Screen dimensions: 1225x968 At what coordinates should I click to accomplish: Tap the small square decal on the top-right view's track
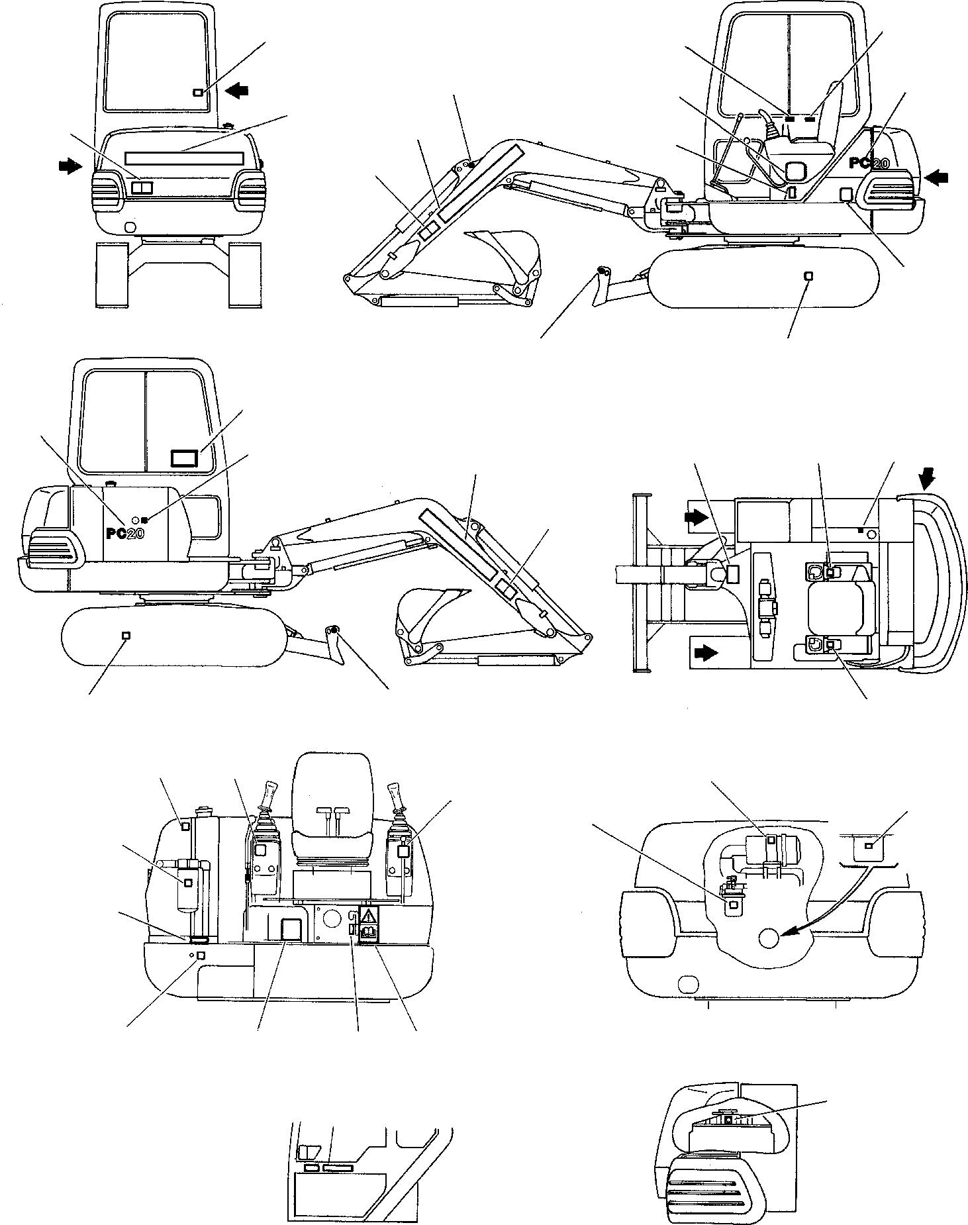tap(807, 275)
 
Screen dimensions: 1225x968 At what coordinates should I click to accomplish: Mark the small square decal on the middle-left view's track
tap(126, 635)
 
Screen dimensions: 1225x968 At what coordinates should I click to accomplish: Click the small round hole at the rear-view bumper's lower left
tap(130, 227)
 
